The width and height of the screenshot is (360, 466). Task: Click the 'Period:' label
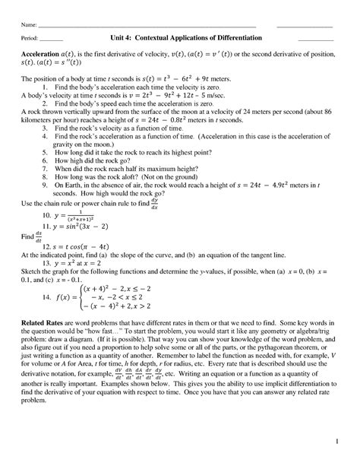pos(31,40)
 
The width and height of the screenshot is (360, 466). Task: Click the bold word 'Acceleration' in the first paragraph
pos(43,55)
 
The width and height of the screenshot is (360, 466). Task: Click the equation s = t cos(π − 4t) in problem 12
pos(85,246)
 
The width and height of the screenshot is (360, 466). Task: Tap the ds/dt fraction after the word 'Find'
pos(39,236)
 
